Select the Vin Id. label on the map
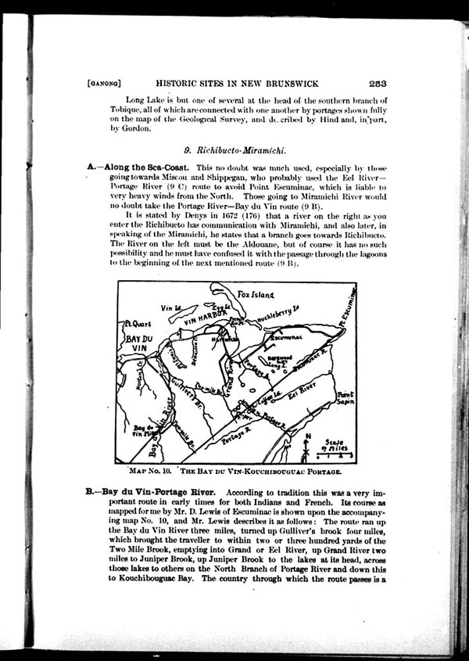tap(170, 307)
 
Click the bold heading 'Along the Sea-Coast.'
tap(146, 168)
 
